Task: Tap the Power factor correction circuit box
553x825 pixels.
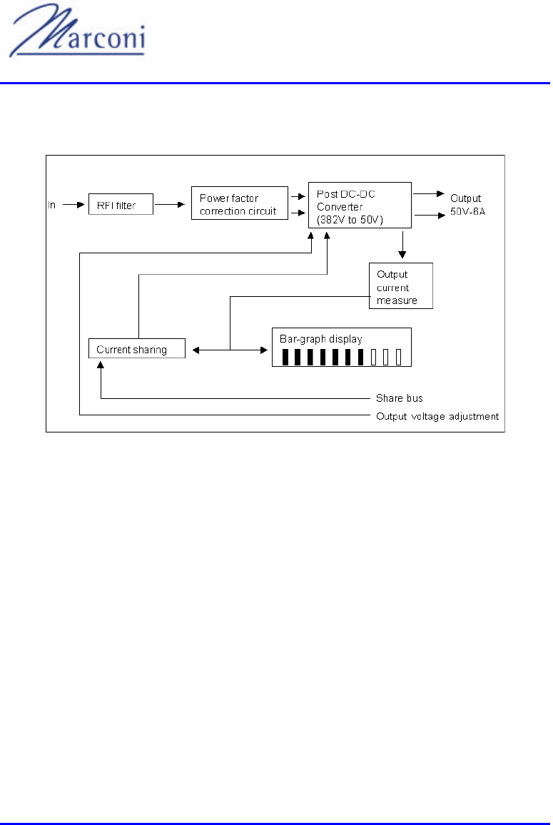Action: point(238,204)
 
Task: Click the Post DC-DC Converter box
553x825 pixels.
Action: point(360,206)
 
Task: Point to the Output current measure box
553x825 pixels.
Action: point(401,286)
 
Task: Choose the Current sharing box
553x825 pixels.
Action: point(136,349)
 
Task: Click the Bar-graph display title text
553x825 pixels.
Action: point(321,339)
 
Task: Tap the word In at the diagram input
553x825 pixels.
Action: point(52,206)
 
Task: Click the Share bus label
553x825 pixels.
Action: point(400,398)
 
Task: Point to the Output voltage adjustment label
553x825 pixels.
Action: point(437,416)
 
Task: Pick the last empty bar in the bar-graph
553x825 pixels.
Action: point(399,357)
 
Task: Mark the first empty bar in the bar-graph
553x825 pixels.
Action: point(374,357)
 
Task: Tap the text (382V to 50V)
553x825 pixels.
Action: point(350,220)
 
